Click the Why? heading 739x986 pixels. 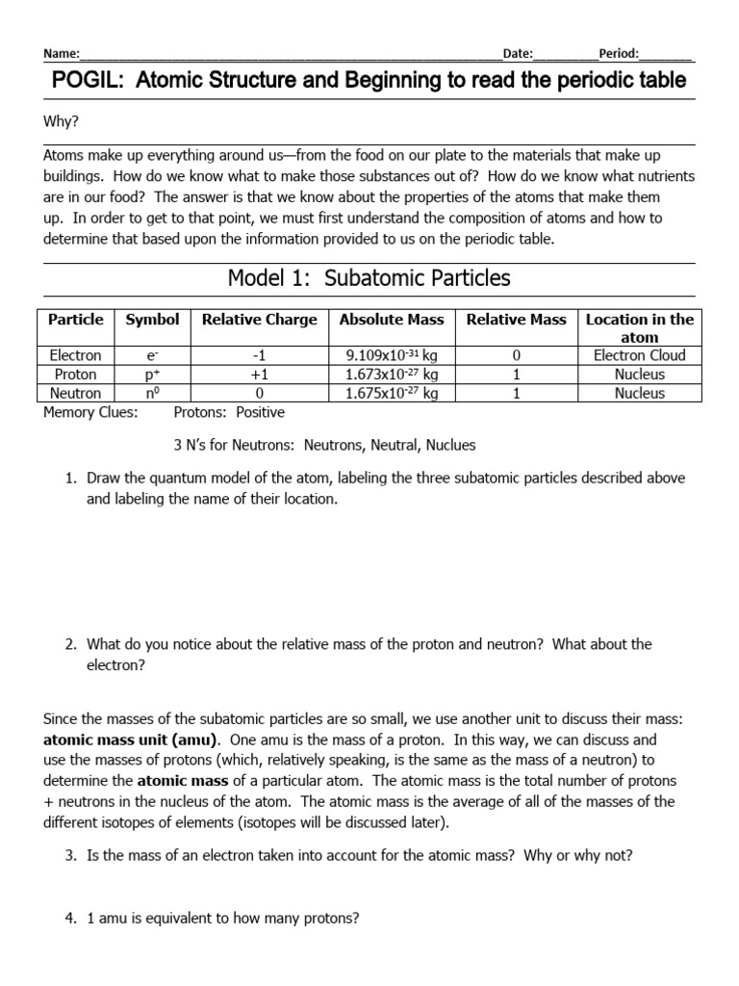coord(62,122)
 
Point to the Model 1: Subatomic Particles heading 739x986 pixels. coord(369,279)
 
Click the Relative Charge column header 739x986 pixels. coord(259,320)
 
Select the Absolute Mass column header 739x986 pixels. coord(391,320)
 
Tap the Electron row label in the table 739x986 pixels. coord(75,355)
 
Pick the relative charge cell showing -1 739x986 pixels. coord(259,355)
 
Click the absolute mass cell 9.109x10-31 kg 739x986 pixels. coord(391,355)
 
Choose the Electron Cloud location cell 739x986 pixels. coord(639,355)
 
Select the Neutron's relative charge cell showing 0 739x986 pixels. coord(259,393)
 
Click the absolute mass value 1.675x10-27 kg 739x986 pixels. coord(391,393)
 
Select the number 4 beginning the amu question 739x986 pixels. coord(70,919)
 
